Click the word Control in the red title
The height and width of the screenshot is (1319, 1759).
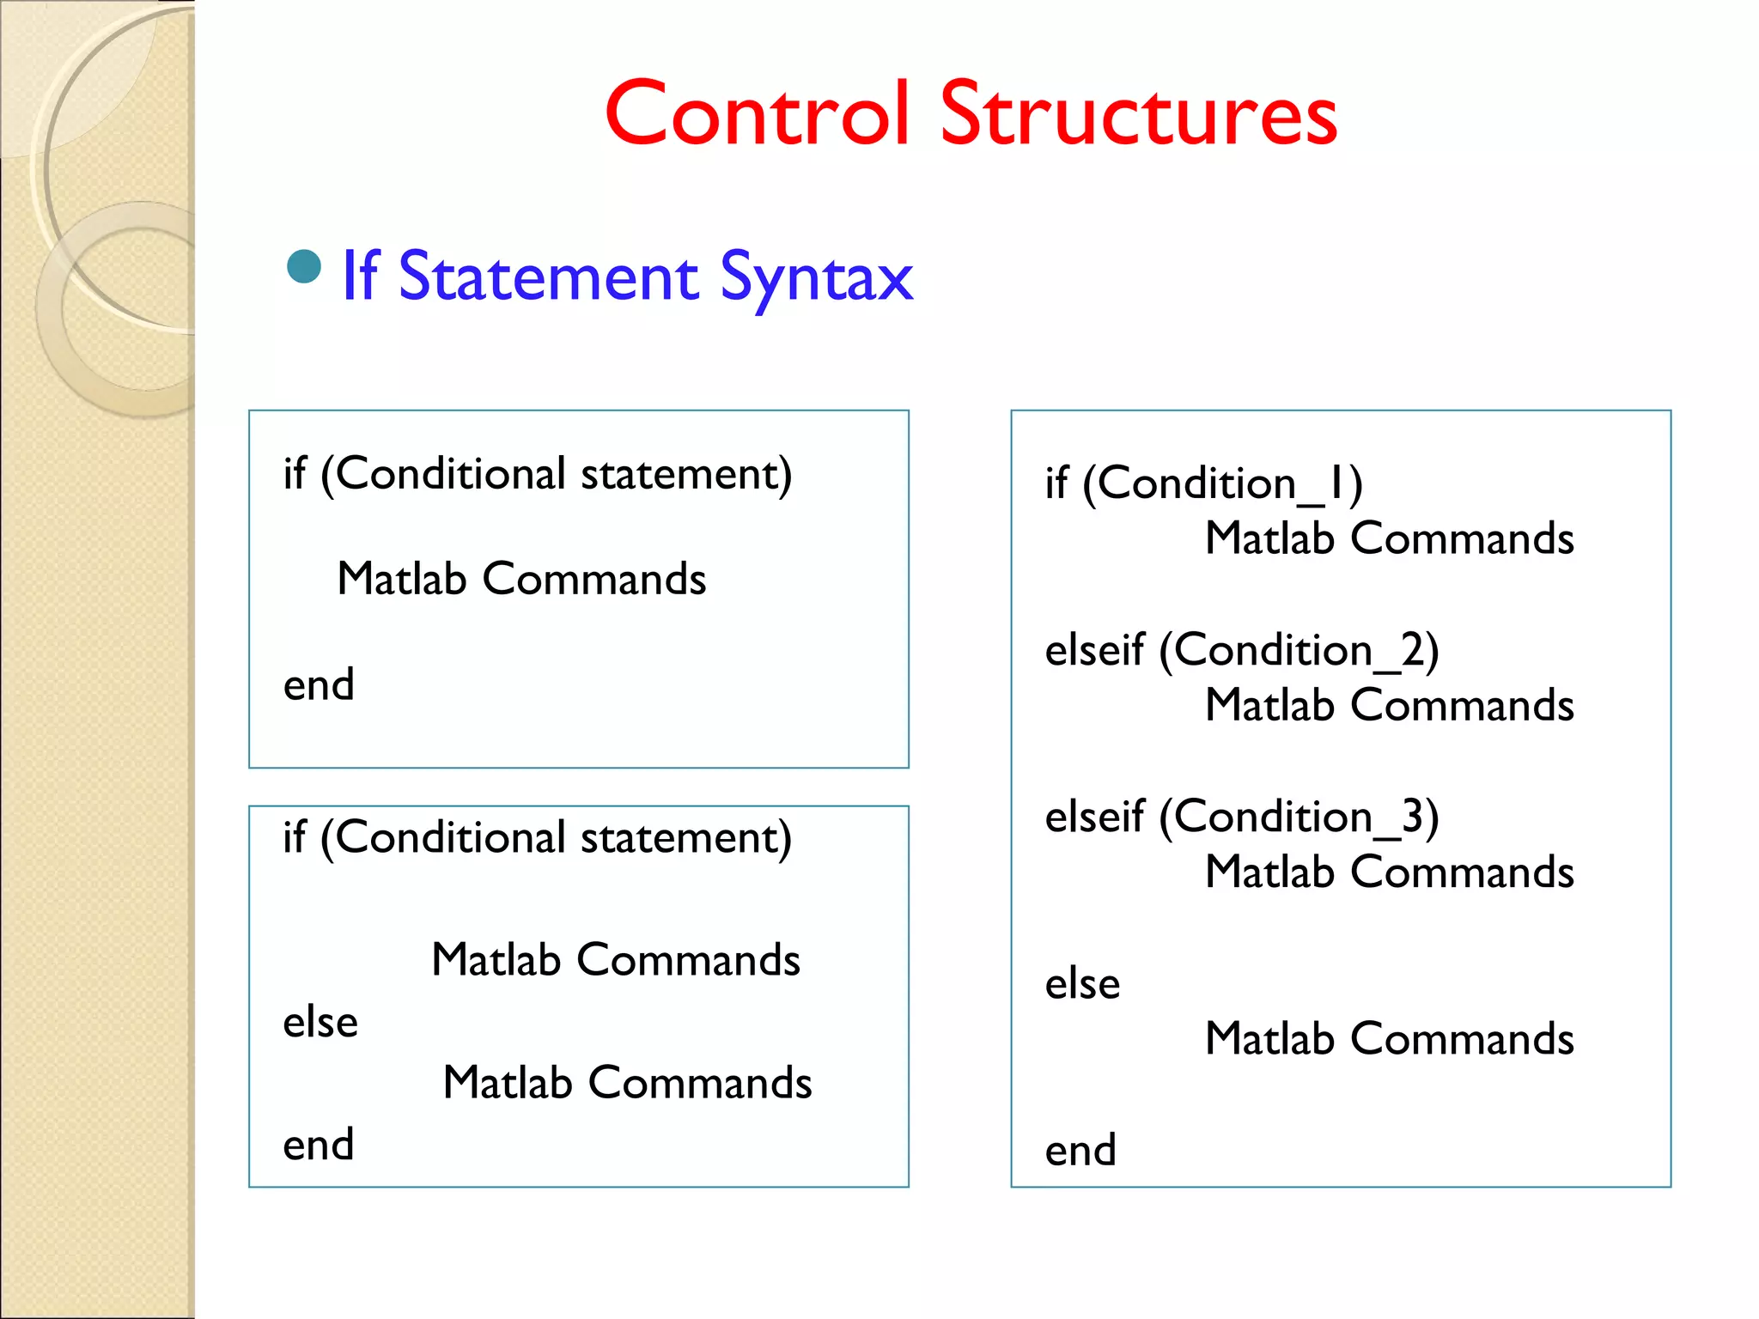point(756,114)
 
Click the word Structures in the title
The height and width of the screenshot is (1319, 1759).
point(1138,114)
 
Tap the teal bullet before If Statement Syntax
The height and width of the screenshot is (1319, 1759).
point(304,267)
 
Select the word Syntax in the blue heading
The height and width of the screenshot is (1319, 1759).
point(816,277)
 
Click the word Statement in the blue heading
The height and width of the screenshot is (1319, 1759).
point(549,277)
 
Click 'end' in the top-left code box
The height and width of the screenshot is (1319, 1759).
point(319,685)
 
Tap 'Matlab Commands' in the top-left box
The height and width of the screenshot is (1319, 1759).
point(521,579)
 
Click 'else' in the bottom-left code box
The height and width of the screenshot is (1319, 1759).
point(320,1022)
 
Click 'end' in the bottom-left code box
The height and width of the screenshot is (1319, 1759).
point(319,1145)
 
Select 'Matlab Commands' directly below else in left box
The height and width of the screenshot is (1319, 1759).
point(627,1083)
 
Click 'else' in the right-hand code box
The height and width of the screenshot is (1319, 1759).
point(1082,983)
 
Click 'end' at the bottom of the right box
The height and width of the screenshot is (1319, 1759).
point(1080,1150)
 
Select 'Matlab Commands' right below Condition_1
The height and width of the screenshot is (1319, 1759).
point(1389,538)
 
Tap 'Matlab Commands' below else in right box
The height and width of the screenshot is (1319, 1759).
point(1389,1039)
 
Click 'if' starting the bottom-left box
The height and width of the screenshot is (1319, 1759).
point(295,837)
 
